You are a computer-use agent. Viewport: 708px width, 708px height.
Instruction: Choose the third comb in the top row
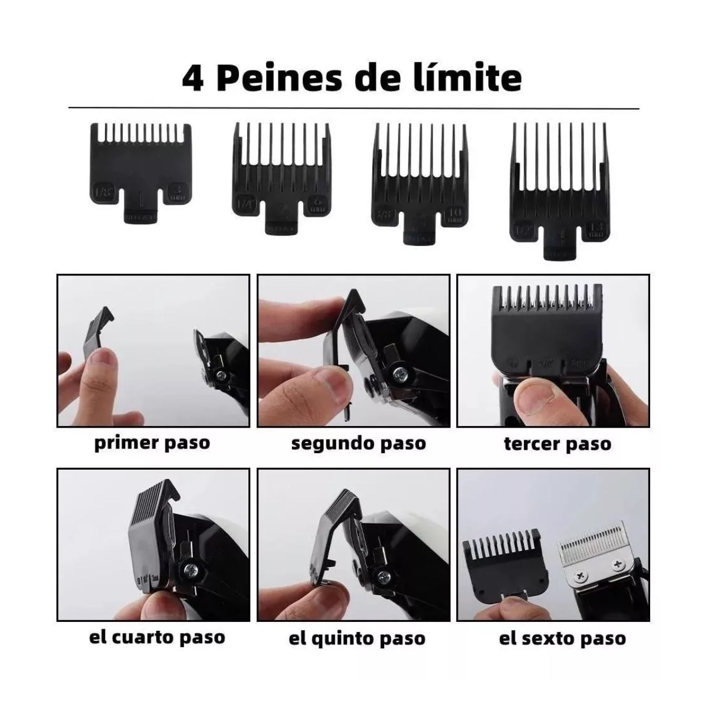point(418,180)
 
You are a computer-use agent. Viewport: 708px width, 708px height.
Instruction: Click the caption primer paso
point(152,442)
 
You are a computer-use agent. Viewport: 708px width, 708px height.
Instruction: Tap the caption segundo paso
point(358,443)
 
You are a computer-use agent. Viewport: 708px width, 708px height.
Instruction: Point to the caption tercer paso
point(557,444)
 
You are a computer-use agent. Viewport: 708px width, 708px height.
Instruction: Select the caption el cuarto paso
point(157,637)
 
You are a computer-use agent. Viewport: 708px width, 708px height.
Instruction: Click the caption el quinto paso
point(357,638)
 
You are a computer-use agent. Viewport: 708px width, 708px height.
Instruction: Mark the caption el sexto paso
point(562,638)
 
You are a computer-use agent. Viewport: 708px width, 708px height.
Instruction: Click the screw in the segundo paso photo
point(402,373)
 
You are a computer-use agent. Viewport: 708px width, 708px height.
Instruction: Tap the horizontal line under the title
point(354,109)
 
